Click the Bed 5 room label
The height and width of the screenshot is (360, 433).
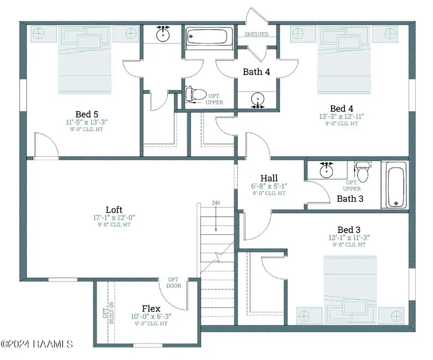tap(87, 114)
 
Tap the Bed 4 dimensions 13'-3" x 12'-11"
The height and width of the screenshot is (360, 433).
tap(342, 116)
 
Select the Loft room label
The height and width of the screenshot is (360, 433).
tap(114, 210)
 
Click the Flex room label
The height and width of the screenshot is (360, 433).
tap(151, 309)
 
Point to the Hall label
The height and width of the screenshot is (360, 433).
tap(269, 178)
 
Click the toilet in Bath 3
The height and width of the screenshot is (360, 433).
tap(363, 172)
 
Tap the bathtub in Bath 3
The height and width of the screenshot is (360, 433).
tap(396, 185)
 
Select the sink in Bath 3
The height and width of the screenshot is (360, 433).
tap(326, 169)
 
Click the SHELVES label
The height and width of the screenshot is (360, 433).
tap(256, 34)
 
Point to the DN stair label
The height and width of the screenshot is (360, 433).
tap(216, 203)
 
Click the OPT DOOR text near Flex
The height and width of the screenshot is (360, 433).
tap(174, 283)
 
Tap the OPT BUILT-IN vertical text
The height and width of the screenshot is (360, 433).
tap(108, 313)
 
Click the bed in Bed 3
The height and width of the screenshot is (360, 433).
tap(350, 290)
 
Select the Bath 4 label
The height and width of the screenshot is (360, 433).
tap(256, 72)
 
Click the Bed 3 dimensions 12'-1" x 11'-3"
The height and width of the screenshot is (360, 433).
tap(349, 238)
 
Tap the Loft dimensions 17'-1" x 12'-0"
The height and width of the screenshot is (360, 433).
tap(114, 218)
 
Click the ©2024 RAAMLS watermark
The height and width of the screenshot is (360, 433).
tap(37, 344)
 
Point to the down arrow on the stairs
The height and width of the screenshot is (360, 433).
tap(216, 219)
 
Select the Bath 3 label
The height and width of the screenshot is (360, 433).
tap(350, 199)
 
